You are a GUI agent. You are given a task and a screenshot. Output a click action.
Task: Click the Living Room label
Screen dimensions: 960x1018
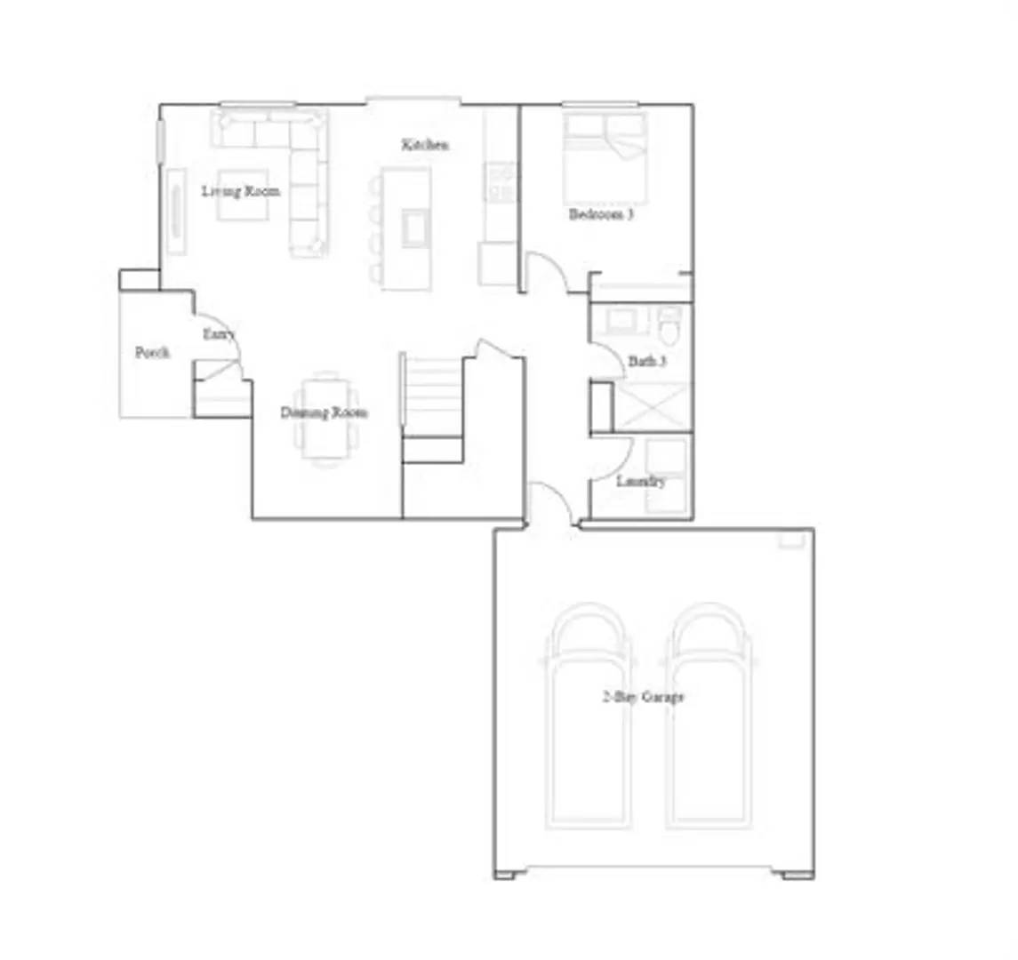click(240, 190)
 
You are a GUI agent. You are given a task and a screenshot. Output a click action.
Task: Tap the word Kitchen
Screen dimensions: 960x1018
click(425, 145)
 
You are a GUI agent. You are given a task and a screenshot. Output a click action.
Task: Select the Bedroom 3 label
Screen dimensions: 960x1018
click(601, 214)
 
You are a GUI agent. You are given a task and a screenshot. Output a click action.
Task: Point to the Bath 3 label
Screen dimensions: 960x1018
click(647, 362)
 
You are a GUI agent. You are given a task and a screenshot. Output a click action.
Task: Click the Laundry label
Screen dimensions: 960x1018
click(640, 482)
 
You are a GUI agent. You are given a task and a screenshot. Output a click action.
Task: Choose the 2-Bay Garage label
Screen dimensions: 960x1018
click(643, 697)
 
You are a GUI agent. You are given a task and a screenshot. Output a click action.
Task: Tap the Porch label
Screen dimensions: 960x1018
click(152, 352)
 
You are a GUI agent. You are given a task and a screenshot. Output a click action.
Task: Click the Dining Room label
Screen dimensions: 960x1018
click(324, 412)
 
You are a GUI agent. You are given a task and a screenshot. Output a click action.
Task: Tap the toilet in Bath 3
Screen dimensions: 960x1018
click(670, 326)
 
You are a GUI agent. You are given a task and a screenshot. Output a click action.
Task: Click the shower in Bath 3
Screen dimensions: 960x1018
click(653, 406)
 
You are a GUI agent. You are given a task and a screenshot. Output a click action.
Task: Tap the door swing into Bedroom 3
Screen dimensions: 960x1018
click(545, 272)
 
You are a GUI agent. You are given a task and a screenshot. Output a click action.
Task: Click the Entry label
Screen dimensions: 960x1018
click(219, 334)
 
